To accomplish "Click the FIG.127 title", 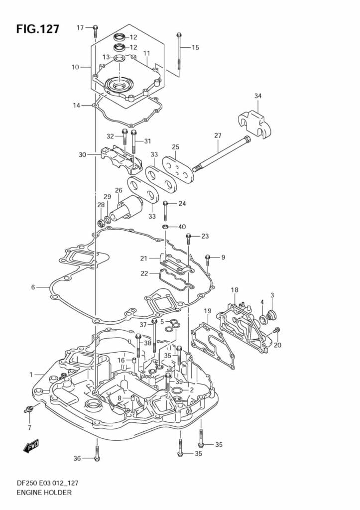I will tap(37, 29).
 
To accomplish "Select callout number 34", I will tap(257, 96).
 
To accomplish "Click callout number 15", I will tap(195, 48).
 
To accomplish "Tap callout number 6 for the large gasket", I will tap(33, 287).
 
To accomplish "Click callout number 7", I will tap(29, 427).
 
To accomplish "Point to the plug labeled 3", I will tap(272, 315).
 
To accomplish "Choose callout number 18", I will tap(235, 290).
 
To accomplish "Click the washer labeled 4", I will tap(263, 319).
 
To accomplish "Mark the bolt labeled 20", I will tap(276, 331).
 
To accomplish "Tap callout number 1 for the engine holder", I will tap(30, 375).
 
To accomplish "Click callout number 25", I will tap(175, 147).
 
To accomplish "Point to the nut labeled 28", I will tap(101, 223).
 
